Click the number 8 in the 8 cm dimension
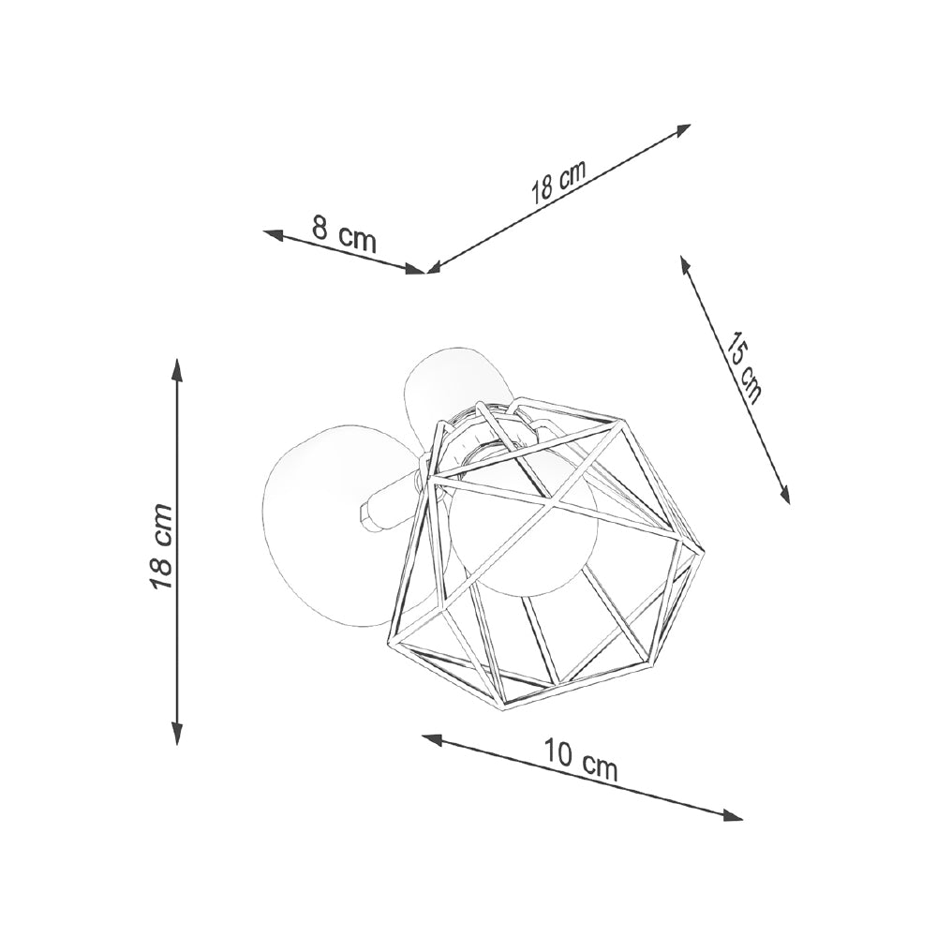tap(320, 229)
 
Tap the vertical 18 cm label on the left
tap(160, 547)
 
